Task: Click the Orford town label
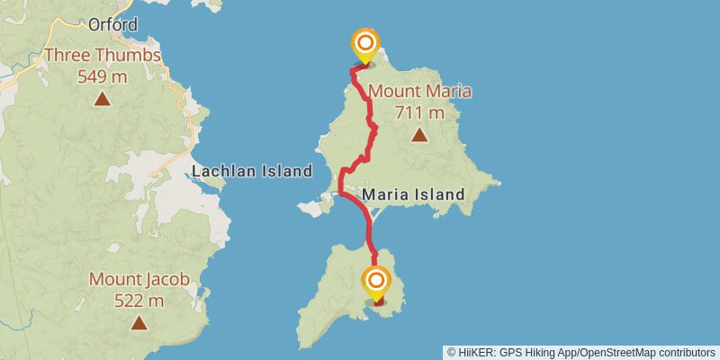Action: pyautogui.click(x=113, y=24)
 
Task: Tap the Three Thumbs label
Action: pyautogui.click(x=103, y=56)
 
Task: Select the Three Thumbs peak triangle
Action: pyautogui.click(x=103, y=99)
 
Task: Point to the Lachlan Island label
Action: pyautogui.click(x=251, y=171)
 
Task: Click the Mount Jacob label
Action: pyautogui.click(x=139, y=279)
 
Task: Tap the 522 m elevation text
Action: pyautogui.click(x=139, y=300)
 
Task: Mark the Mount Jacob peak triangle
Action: pyautogui.click(x=139, y=322)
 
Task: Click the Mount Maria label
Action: pyautogui.click(x=419, y=91)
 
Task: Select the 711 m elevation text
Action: pyautogui.click(x=419, y=112)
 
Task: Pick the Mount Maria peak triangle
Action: pyautogui.click(x=419, y=135)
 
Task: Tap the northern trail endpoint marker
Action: pyautogui.click(x=365, y=44)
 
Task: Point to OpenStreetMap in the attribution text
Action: pyautogui.click(x=620, y=352)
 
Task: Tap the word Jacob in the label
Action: pyautogui.click(x=166, y=279)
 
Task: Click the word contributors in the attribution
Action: pyautogui.click(x=687, y=352)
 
